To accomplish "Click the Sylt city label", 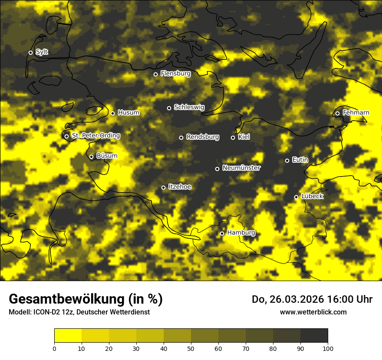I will coord(42,52).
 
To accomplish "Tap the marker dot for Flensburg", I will coord(155,74).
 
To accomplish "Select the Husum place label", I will coord(128,113).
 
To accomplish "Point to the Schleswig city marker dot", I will coord(169,108).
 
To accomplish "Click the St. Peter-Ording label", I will coord(95,136).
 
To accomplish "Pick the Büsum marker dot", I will coord(91,157).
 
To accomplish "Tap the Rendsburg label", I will coord(203,137).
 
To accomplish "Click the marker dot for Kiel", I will coord(233,137).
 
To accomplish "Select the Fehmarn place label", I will coord(356,113).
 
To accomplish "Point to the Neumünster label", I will coord(241,168).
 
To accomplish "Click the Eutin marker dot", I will coord(287,160).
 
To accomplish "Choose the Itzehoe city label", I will coord(180,187).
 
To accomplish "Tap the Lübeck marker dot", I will coord(296,197).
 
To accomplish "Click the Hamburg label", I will coord(241,233).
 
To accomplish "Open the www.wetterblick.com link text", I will coord(313,312).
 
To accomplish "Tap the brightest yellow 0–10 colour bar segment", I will coord(68,335).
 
